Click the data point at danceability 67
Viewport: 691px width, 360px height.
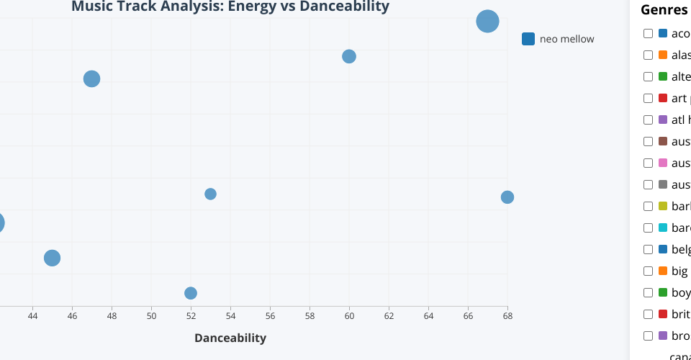pyautogui.click(x=487, y=22)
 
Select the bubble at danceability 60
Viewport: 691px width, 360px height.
pyautogui.click(x=349, y=56)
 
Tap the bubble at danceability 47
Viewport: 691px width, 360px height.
pyautogui.click(x=91, y=79)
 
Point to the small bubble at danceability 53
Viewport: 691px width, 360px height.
pyautogui.click(x=210, y=194)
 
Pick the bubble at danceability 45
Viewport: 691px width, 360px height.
pyautogui.click(x=52, y=258)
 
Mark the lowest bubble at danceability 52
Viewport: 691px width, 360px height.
pyautogui.click(x=191, y=293)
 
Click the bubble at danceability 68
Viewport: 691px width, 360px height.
pyautogui.click(x=507, y=197)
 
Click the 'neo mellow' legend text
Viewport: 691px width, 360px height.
pyautogui.click(x=566, y=39)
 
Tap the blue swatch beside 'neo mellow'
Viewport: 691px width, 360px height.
pyautogui.click(x=528, y=39)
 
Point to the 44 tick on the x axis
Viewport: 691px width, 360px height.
pyautogui.click(x=32, y=316)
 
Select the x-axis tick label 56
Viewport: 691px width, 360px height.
pyautogui.click(x=270, y=316)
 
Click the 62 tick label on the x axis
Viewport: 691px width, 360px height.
pyautogui.click(x=389, y=316)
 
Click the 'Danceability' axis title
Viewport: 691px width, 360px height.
pyautogui.click(x=230, y=338)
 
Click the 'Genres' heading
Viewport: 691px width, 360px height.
pyautogui.click(x=664, y=10)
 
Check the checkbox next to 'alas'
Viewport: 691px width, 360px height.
pyautogui.click(x=649, y=55)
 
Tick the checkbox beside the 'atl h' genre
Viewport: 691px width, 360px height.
pyautogui.click(x=649, y=120)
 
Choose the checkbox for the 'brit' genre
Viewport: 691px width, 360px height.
pyautogui.click(x=649, y=314)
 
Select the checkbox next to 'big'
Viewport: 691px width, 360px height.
pyautogui.click(x=649, y=271)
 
